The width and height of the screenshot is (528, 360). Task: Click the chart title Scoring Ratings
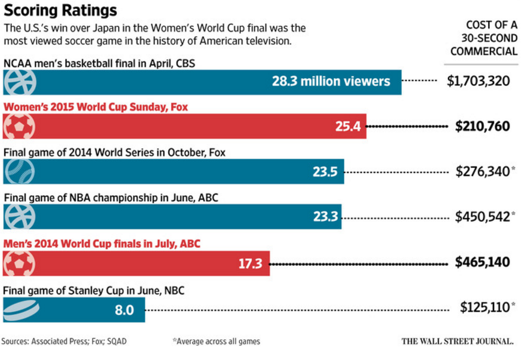[60, 10]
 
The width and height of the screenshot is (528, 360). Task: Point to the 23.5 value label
[325, 172]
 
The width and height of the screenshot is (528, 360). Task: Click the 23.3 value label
[326, 217]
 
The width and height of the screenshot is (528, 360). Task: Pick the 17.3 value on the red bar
[251, 263]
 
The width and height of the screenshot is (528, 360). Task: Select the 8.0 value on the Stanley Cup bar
[125, 309]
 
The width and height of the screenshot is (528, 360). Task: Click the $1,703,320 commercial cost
[478, 81]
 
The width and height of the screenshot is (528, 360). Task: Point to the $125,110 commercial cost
[485, 307]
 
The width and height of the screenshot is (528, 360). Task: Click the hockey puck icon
[21, 309]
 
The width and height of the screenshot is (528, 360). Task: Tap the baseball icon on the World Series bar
[19, 172]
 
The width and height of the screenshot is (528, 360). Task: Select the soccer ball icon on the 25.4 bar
[19, 127]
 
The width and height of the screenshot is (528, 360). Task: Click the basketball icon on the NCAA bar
[19, 82]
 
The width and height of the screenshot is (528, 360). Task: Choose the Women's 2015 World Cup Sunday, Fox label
[96, 107]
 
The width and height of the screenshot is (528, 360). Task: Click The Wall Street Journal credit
[457, 341]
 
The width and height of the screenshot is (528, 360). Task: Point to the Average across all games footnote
[217, 341]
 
